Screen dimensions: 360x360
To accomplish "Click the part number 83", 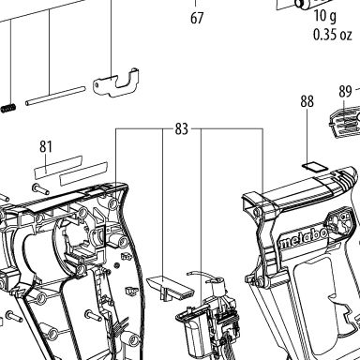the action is [x=182, y=128].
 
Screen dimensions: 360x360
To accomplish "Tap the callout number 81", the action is [x=46, y=146].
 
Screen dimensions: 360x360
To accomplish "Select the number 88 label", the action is [x=307, y=101].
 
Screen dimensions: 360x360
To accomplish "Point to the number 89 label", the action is [x=345, y=92].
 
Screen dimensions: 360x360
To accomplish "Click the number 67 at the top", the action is [x=197, y=18].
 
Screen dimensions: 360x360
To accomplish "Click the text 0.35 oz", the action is [x=333, y=35].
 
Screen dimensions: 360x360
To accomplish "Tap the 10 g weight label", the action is [x=325, y=16].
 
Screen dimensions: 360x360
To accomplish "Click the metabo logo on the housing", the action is [x=303, y=238].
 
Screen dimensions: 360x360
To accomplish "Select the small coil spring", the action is [x=8, y=109].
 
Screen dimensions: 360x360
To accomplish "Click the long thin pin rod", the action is [x=55, y=97].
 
